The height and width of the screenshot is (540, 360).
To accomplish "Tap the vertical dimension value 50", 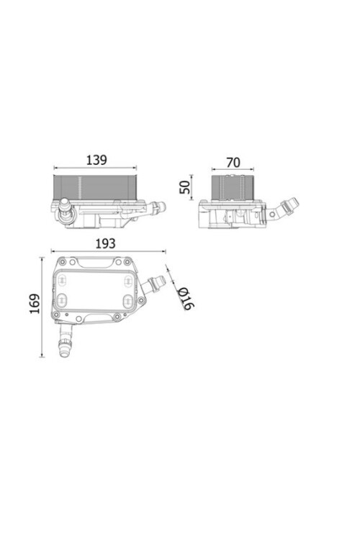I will [185, 187].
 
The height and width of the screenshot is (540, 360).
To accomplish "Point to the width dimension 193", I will [106, 243].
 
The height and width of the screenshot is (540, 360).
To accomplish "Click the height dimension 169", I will [32, 307].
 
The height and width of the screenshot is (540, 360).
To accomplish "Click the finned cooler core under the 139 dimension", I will [93, 186].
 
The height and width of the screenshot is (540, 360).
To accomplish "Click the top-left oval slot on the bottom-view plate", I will [63, 279].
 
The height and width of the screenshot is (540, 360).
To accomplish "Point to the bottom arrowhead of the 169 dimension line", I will [43, 358].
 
